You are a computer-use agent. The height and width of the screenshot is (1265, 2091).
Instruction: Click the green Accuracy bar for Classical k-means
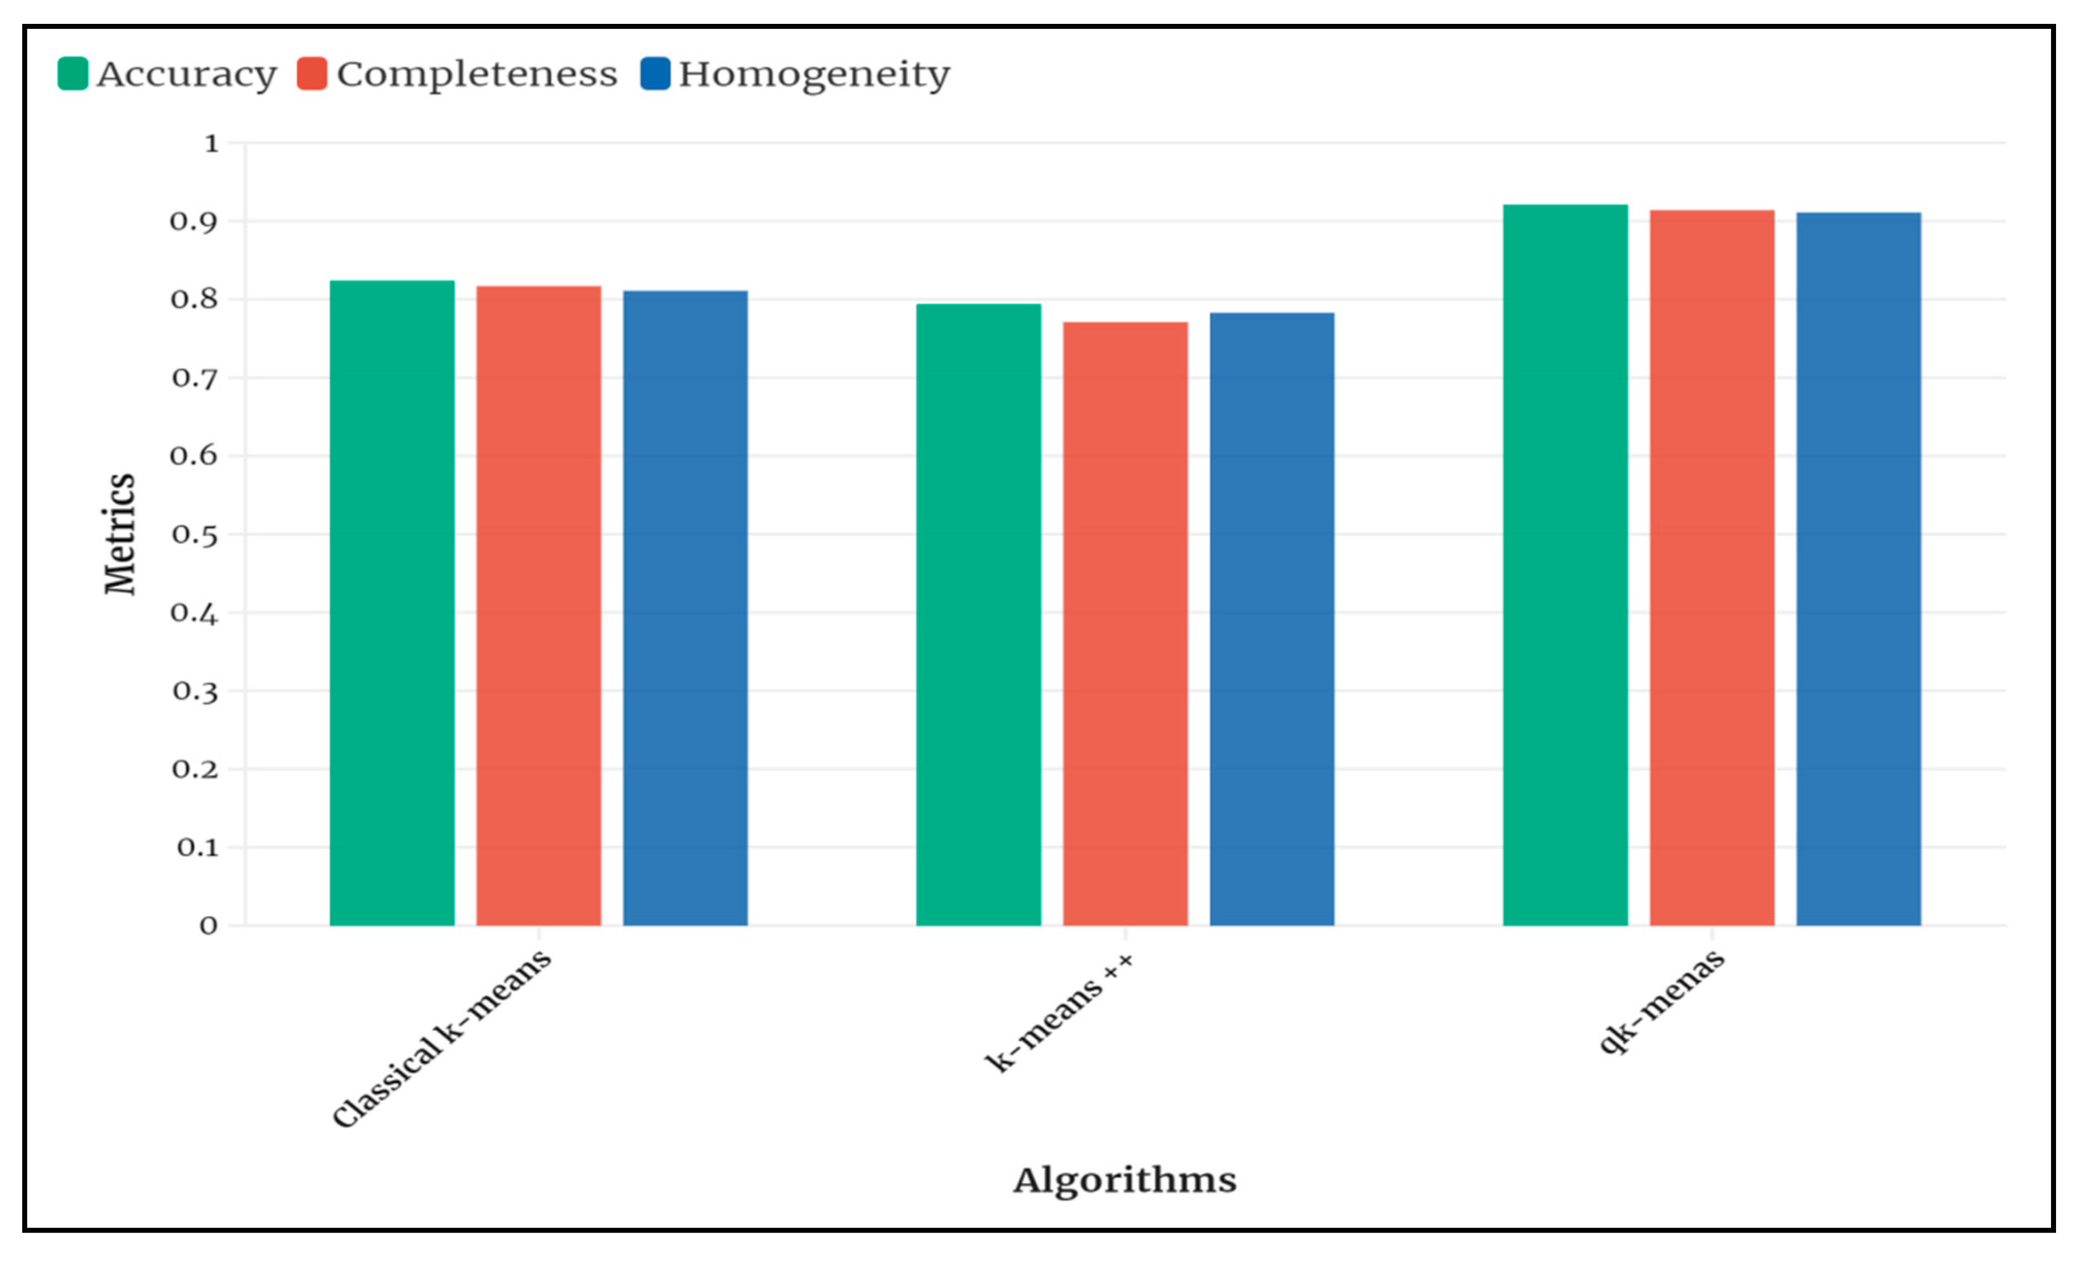392,603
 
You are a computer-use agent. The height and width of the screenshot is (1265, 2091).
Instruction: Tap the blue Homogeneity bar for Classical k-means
686,608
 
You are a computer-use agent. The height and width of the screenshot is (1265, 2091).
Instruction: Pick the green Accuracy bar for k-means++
979,615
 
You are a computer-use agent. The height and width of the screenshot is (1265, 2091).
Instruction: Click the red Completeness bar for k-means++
1125,624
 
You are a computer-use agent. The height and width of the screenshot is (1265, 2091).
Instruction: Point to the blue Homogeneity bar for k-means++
1272,619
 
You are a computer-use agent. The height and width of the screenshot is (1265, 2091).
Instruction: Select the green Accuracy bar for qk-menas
1566,565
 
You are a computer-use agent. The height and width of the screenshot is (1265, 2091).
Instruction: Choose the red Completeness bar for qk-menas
1712,567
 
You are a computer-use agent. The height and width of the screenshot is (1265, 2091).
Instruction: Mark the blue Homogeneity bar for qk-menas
1858,569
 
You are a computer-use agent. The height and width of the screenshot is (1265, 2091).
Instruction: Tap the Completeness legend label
477,74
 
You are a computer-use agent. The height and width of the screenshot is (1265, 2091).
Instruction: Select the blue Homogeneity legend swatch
655,74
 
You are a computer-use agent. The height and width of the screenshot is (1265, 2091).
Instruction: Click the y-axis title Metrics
120,534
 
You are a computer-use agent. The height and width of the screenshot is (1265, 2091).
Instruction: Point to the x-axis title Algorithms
1125,1180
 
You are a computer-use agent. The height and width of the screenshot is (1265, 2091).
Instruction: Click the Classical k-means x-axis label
441,1041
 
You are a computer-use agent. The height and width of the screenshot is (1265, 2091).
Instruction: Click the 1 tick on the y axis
210,143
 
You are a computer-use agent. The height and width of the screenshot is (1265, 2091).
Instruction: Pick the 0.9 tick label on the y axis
194,222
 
